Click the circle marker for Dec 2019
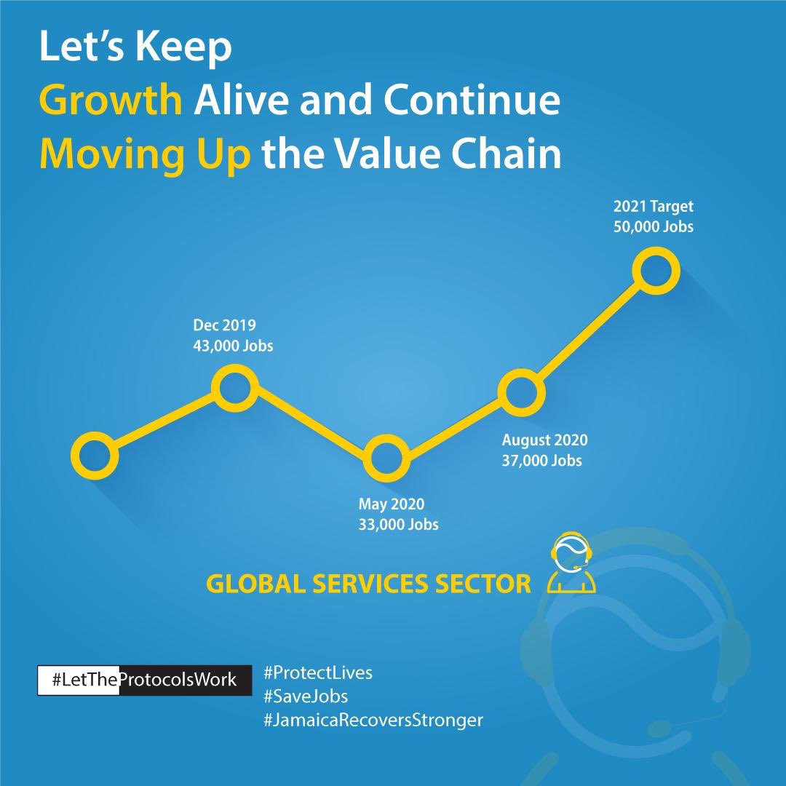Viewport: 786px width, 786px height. pos(235,388)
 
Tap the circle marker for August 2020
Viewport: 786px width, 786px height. pos(521,392)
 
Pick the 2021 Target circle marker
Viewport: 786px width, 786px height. pos(656,271)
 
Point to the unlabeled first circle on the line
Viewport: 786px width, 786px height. pos(95,456)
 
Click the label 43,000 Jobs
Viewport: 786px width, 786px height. pos(233,346)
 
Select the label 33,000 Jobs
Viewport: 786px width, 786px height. pos(398,523)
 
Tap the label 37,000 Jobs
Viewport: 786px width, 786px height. pos(541,460)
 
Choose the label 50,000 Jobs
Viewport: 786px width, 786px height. pos(654,226)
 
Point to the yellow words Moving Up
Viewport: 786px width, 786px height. pos(143,156)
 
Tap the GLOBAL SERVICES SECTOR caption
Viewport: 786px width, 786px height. pos(369,584)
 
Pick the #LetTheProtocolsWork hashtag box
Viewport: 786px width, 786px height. pos(145,680)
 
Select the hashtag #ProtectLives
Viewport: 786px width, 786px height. pos(317,672)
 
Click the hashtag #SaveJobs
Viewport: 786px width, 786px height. pos(306,696)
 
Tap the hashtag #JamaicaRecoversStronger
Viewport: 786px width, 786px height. pos(373,720)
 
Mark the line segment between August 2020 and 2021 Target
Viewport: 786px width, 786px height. pos(588,332)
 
